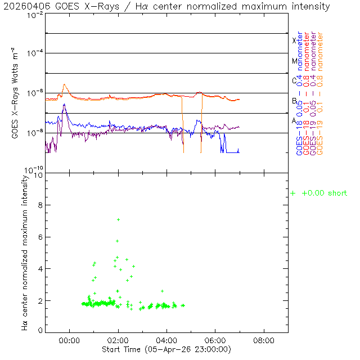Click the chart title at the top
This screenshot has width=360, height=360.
pos(166,6)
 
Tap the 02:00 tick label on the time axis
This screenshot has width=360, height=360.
pos(118,340)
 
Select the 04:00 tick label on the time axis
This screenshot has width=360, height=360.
pos(167,340)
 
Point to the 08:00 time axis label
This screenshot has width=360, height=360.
pos(264,340)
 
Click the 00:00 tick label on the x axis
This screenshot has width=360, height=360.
pos(70,340)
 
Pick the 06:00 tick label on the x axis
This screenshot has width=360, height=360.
pos(215,340)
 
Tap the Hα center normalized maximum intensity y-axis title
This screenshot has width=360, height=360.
pos(25,252)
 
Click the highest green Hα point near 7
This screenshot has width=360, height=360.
pos(118,219)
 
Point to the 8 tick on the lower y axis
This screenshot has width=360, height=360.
pos(39,206)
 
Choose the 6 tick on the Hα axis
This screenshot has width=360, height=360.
pos(39,237)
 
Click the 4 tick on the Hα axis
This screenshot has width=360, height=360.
pos(39,269)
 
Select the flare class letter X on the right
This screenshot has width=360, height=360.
pos(294,40)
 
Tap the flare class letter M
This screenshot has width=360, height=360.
pos(294,61)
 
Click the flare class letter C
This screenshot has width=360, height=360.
pos(294,80)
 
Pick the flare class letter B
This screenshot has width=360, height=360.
pos(294,101)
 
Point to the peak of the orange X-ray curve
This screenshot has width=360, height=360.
pos(65,85)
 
